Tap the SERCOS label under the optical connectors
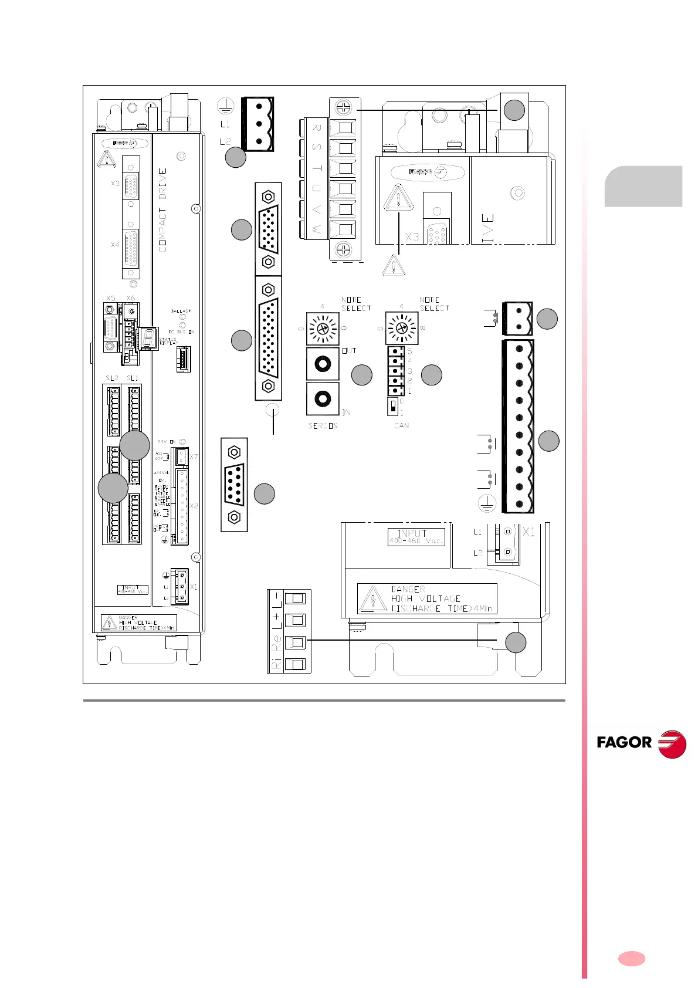point(323,425)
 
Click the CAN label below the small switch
point(401,425)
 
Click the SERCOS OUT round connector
point(322,364)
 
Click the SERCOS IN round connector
point(322,399)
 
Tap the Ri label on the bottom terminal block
point(275,664)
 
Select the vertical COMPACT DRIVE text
point(162,210)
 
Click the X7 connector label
point(194,456)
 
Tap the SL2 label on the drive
point(111,378)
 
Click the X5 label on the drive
point(111,298)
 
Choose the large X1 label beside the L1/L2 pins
point(528,532)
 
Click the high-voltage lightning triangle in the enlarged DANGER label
point(371,600)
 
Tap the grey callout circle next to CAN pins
point(432,375)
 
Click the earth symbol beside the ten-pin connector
point(487,503)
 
